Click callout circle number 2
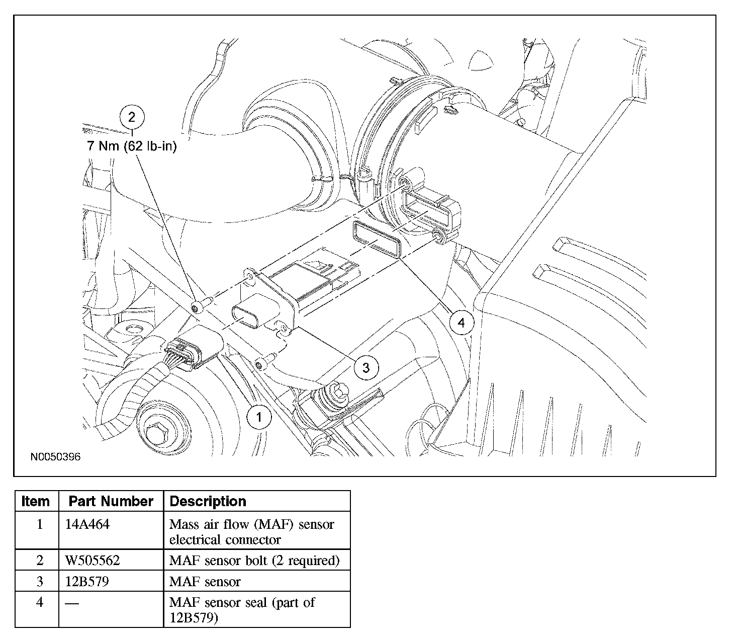(x=132, y=117)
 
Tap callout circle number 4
(x=461, y=323)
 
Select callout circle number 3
(x=365, y=367)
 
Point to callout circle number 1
(x=259, y=417)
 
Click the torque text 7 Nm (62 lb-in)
(x=132, y=146)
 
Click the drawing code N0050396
(x=55, y=457)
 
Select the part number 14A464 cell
(x=87, y=524)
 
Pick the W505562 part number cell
(x=93, y=561)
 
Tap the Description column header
(x=208, y=501)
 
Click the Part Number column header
(x=111, y=501)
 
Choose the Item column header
(x=35, y=501)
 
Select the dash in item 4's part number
(x=72, y=603)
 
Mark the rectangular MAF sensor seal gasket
(x=377, y=239)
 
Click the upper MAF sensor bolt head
(x=197, y=307)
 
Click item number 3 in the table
(x=40, y=582)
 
